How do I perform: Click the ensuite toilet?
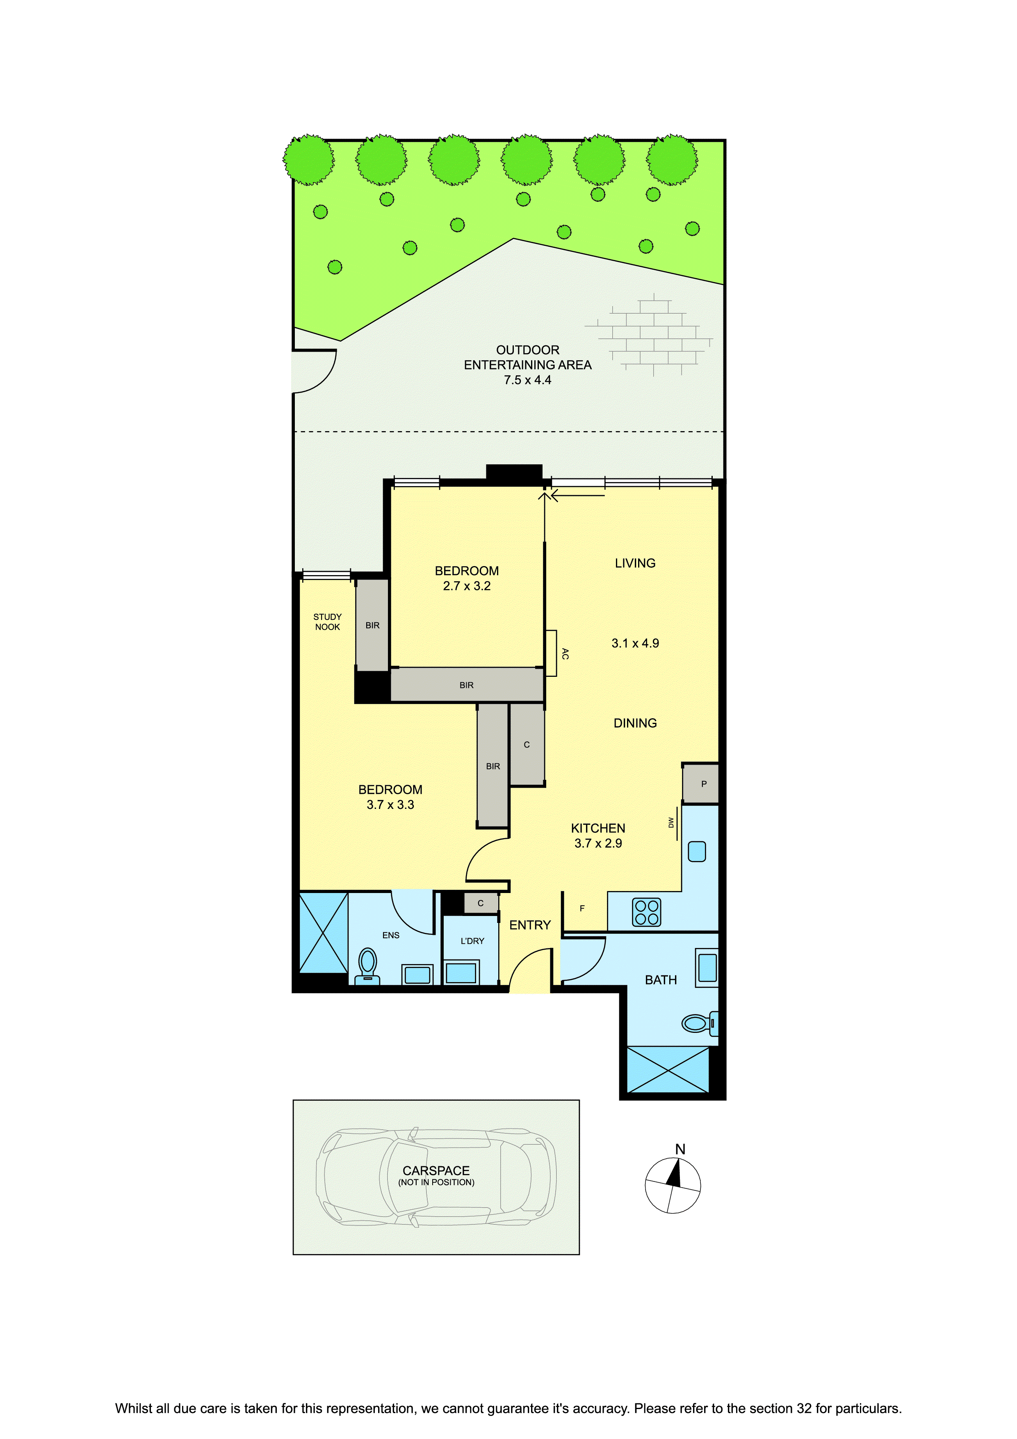[368, 966]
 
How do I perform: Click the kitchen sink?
[697, 851]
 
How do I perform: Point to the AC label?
[565, 654]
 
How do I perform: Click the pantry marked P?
[700, 783]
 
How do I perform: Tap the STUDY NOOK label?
[328, 622]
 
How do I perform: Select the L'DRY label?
[472, 941]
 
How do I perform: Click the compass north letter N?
[680, 1149]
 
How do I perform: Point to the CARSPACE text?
[436, 1171]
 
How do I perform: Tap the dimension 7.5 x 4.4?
[528, 380]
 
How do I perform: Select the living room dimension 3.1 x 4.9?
[635, 643]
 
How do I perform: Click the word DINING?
[635, 723]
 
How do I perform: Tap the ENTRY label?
[530, 925]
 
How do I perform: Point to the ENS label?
[391, 935]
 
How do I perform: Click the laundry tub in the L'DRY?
[461, 973]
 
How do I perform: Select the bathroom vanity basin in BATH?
[707, 967]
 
